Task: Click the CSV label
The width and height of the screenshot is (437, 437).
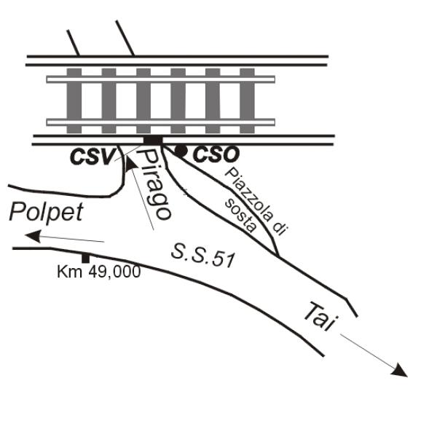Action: pos(92,157)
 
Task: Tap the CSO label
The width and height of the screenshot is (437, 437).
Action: pos(216,154)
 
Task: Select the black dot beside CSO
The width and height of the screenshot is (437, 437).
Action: pos(181,151)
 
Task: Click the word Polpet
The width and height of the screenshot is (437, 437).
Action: pos(47,213)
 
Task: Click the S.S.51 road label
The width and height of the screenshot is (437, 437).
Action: pos(203,256)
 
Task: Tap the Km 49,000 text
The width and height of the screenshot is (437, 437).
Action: pos(98,272)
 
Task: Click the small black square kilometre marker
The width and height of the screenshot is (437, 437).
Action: pos(85,259)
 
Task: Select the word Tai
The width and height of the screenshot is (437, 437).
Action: pos(320,316)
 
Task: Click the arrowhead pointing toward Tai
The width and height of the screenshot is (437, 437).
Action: pos(399,371)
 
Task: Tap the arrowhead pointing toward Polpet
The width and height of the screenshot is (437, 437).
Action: pos(34,236)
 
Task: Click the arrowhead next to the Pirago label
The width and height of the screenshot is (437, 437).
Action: pos(130,164)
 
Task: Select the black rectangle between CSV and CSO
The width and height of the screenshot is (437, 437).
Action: pos(153,140)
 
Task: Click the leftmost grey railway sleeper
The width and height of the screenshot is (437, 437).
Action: pos(74,101)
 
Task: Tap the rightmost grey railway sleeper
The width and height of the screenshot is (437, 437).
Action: pos(247,101)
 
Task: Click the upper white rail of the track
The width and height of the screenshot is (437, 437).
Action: pos(160,79)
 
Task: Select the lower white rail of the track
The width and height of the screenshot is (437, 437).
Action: pos(160,122)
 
